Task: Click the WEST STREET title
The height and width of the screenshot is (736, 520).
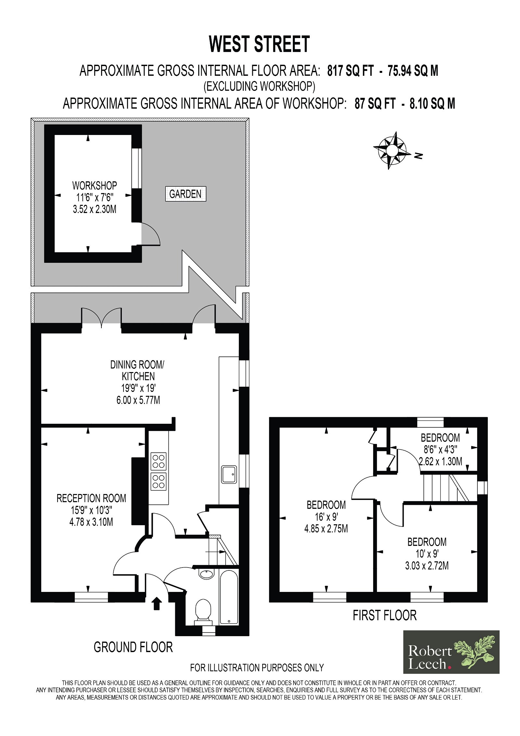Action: coord(259,44)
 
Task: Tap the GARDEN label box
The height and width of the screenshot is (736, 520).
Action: coord(186,194)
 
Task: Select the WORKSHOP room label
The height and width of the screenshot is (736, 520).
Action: coord(95,186)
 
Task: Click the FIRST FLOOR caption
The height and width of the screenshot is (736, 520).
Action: coord(385,615)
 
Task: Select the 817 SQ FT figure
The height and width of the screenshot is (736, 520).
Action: coord(351,71)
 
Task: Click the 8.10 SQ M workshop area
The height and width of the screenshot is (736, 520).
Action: coord(433,104)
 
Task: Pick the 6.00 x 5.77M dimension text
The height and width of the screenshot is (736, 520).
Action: coord(138,400)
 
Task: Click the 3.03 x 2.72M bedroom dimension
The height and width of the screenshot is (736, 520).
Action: coord(427,566)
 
